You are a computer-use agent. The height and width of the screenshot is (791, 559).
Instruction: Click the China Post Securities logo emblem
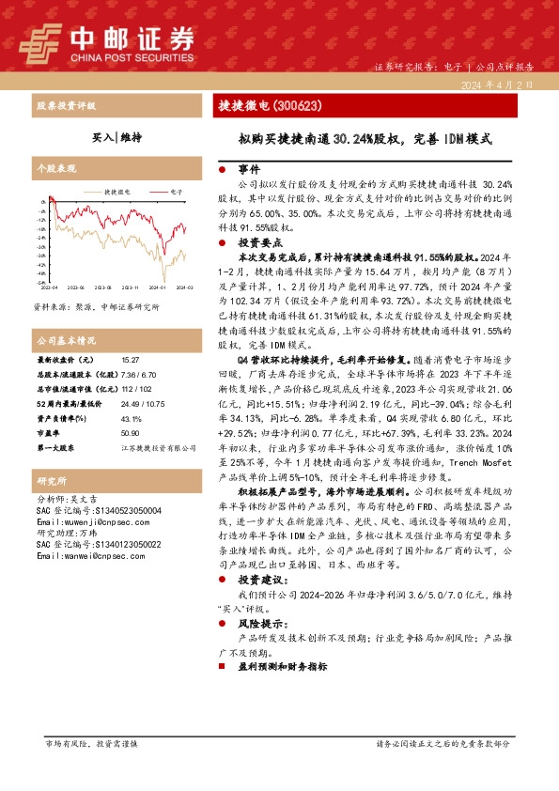coord(40,40)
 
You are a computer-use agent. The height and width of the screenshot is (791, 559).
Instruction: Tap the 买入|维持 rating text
coord(117,137)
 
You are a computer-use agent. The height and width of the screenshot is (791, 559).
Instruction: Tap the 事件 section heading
coord(247,170)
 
